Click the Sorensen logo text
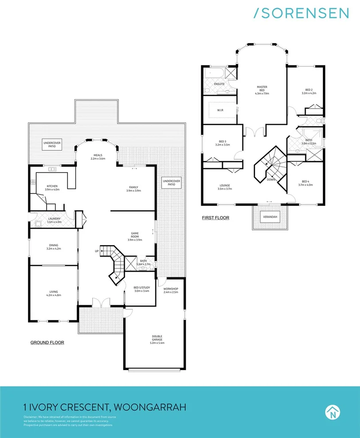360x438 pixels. [301, 13]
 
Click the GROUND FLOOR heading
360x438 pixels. [47, 342]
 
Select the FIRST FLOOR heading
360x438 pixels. [215, 218]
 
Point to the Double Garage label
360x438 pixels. [158, 339]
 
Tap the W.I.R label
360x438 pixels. [220, 110]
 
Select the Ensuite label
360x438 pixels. [219, 84]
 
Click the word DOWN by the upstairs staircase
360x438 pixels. [270, 180]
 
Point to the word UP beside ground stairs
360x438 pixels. [97, 251]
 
